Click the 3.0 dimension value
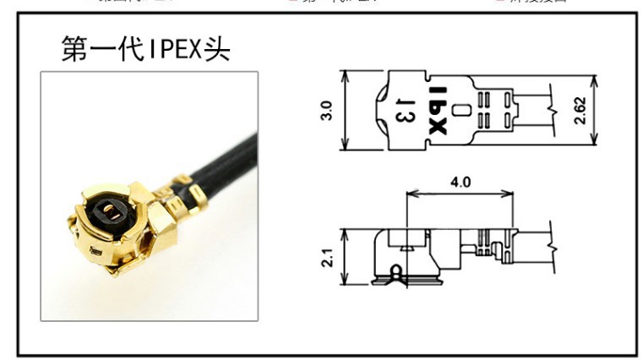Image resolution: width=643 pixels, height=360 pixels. coord(328,110)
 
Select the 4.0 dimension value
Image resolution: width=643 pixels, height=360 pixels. coord(460,182)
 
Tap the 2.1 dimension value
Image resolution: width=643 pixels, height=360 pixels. coord(328,252)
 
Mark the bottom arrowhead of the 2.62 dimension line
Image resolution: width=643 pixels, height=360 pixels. coord(597,139)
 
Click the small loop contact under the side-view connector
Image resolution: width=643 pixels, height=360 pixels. coord(395,272)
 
